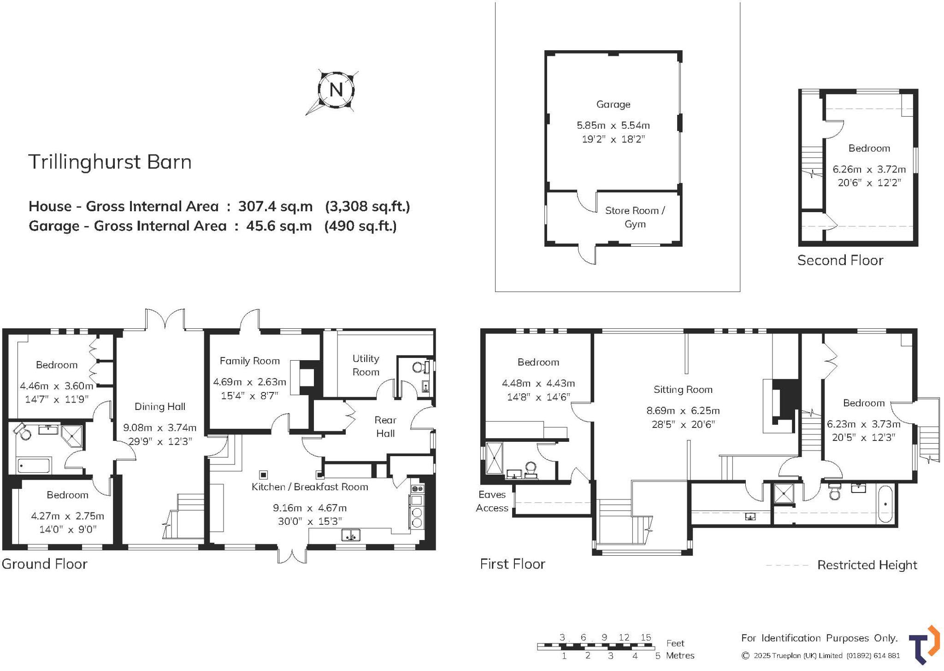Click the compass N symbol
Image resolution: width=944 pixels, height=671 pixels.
336,89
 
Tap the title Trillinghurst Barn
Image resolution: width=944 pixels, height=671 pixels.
110,162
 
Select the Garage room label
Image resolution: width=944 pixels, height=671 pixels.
613,105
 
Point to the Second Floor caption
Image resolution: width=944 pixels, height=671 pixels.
840,261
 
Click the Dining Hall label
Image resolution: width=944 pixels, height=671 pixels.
159,406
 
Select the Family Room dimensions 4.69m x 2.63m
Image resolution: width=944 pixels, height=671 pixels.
249,382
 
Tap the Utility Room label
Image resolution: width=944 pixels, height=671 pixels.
366,365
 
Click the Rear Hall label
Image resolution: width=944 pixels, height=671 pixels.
385,427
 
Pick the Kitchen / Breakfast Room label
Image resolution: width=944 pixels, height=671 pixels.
309,487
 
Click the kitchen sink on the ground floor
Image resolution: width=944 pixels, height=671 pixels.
351,535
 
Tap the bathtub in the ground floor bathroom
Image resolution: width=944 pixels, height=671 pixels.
34,466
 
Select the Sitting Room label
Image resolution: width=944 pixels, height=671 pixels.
683,390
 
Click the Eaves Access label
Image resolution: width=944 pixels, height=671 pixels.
492,501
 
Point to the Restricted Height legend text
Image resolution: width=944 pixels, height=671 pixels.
867,565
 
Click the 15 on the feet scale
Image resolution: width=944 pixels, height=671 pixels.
645,637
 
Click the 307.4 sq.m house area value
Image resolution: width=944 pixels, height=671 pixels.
275,206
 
